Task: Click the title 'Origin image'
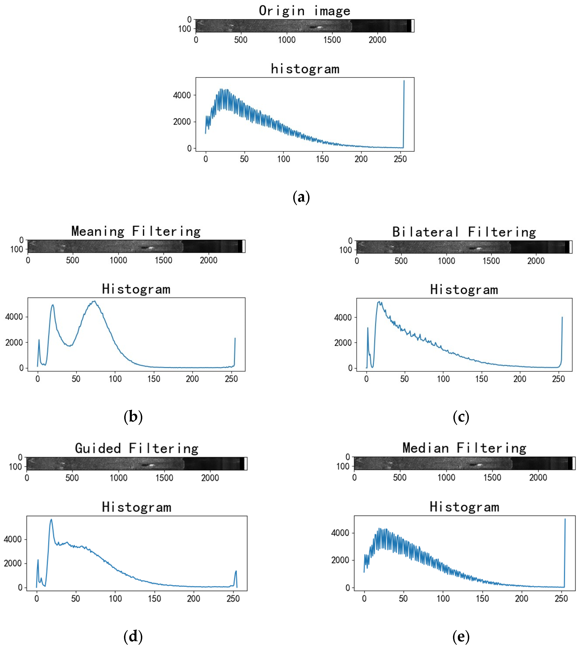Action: point(304,11)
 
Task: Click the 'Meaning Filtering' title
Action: point(136,231)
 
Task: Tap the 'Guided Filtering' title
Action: point(137,448)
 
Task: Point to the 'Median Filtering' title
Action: point(464,448)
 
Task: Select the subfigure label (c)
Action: point(461,417)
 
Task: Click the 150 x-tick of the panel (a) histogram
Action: point(322,159)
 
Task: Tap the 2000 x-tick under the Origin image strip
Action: point(377,40)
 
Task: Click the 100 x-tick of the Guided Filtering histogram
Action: point(115,599)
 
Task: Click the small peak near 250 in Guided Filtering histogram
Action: point(236,571)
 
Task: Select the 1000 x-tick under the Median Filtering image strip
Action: point(446,478)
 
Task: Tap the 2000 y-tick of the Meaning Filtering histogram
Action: point(14,343)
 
